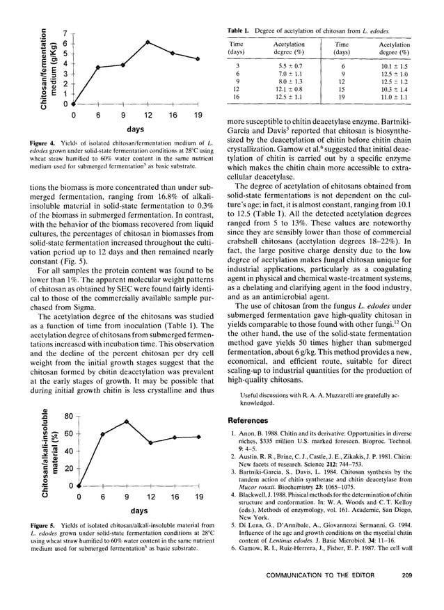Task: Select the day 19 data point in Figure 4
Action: (x=198, y=59)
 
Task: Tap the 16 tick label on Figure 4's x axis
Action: (x=173, y=115)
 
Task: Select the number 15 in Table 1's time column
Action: (x=341, y=90)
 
